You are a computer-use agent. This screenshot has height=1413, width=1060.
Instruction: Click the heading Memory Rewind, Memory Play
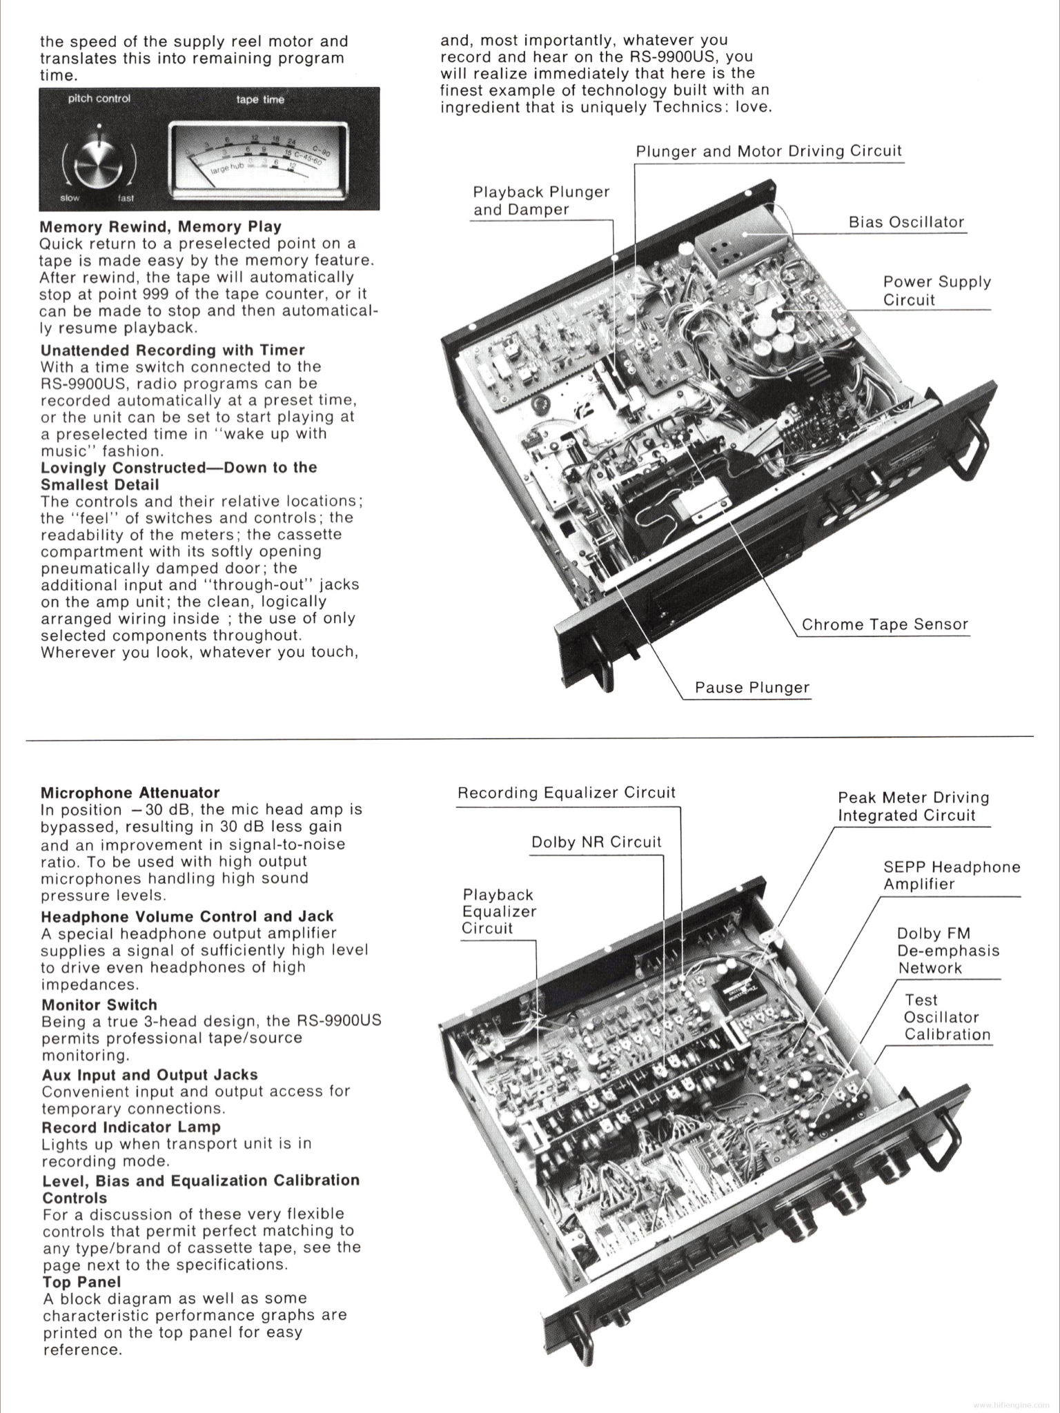point(160,227)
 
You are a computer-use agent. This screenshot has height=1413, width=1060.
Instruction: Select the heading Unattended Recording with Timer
point(173,350)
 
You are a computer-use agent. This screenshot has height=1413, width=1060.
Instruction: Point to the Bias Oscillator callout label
point(906,222)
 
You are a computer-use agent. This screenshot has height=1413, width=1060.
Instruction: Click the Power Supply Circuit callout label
point(936,290)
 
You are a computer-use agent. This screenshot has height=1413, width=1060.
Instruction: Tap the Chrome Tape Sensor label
point(885,624)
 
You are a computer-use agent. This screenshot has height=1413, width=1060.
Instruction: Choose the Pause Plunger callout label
point(752,687)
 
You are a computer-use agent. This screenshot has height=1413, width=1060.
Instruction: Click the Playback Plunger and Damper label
point(541,200)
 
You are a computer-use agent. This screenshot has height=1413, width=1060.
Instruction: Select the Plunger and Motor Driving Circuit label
point(768,151)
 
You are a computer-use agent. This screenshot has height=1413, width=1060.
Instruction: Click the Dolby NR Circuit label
point(596,842)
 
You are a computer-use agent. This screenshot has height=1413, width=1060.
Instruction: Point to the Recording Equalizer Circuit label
point(566,792)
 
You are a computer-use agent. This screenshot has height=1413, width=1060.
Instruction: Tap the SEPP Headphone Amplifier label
point(951,875)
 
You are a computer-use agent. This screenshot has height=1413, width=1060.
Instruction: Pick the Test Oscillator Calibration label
point(947,1017)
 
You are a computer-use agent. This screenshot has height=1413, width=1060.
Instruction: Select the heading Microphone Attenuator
point(130,793)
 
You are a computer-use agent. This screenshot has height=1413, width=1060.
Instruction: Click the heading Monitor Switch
point(99,1005)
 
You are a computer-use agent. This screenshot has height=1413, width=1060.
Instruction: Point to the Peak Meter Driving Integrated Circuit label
point(913,806)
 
